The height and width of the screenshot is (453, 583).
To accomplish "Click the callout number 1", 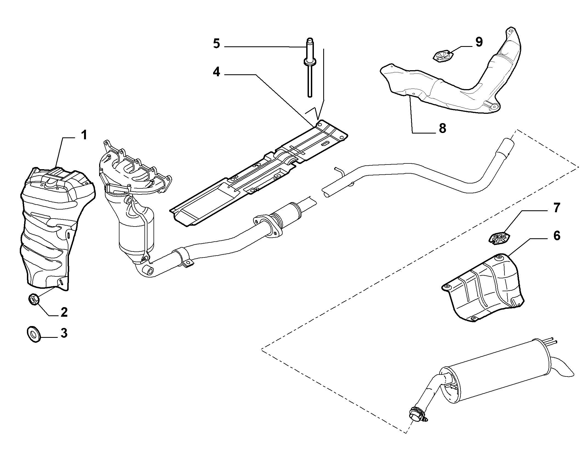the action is point(84,135).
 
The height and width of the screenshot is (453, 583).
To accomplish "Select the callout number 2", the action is point(64,312).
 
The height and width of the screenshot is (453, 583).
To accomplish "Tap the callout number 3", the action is point(64,333).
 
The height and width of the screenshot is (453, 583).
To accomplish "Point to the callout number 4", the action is point(216,72).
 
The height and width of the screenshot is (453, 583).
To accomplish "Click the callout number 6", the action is point(557,236).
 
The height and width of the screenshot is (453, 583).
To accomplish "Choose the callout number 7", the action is point(556,208).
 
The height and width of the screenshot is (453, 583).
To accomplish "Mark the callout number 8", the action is point(442,128).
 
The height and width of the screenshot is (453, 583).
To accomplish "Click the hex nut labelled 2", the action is point(34,299).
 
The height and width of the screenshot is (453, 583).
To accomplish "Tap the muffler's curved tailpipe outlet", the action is point(560,371).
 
